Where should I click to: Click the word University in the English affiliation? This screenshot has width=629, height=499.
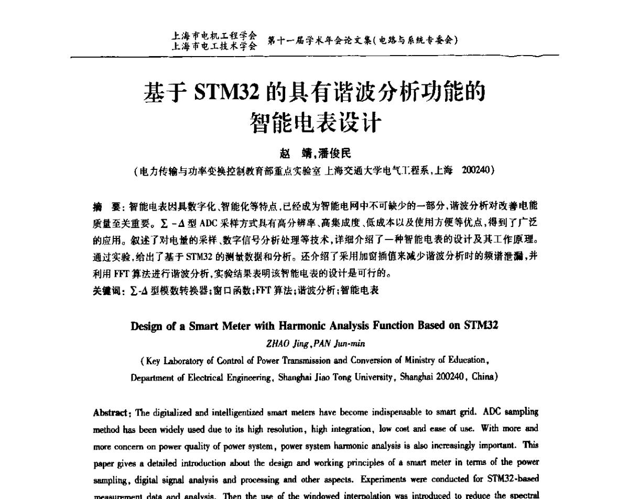(x=374, y=377)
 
